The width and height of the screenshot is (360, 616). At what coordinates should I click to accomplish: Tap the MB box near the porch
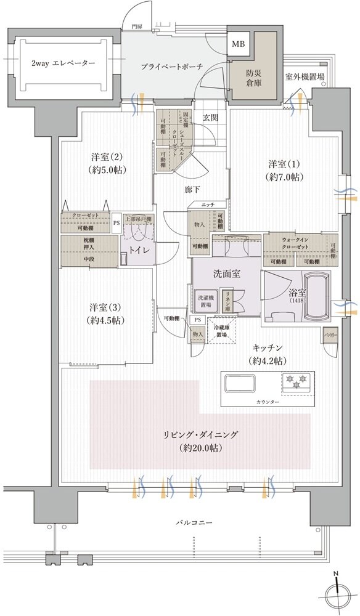[237, 44]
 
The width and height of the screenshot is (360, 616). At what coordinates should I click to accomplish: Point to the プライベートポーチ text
[171, 66]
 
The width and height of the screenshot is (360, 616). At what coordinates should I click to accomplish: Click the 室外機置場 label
[306, 78]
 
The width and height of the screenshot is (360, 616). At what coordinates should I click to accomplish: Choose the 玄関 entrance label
[211, 119]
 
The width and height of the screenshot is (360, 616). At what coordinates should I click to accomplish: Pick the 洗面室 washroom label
[226, 274]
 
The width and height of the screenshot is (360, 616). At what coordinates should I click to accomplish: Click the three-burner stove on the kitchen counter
[297, 382]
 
